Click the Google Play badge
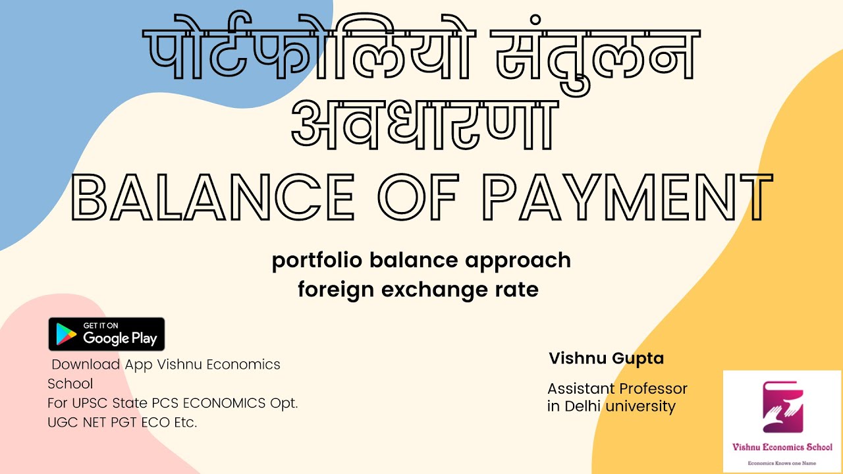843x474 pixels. [x=106, y=334]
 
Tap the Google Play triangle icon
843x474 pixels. [x=65, y=334]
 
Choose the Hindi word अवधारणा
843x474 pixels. [x=421, y=124]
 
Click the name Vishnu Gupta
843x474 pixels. [x=606, y=359]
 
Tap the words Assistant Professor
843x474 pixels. [x=617, y=388]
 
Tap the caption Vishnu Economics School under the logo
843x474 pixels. [x=782, y=447]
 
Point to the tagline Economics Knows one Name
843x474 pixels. [x=782, y=463]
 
